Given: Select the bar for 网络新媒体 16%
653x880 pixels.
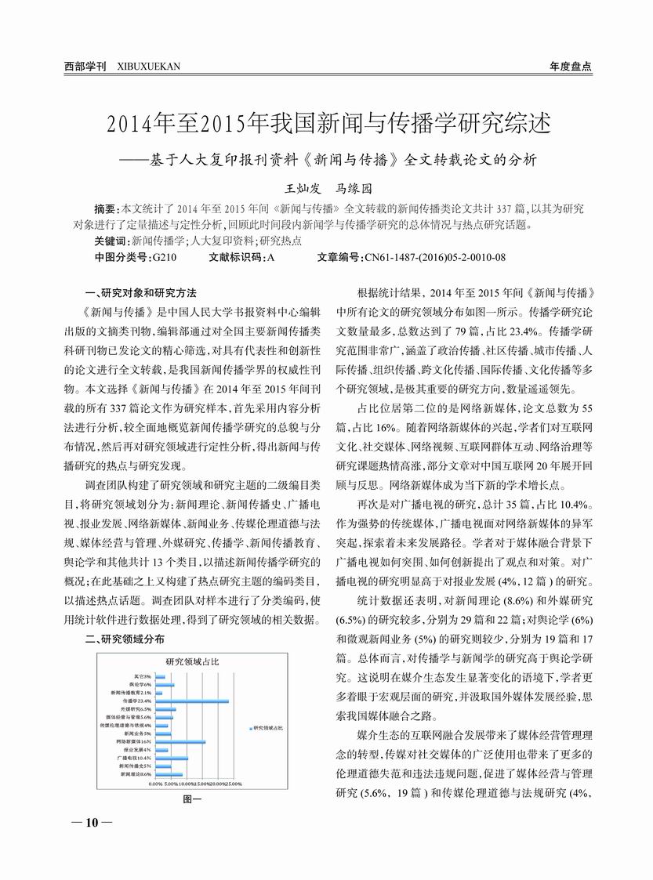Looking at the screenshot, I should [180, 741].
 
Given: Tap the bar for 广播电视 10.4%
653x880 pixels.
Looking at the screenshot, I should [172, 758].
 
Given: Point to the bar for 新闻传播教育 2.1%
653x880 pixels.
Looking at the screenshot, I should [158, 693].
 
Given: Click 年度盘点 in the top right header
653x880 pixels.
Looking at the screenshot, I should [570, 67].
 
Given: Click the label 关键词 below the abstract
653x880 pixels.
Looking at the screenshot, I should [110, 241].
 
